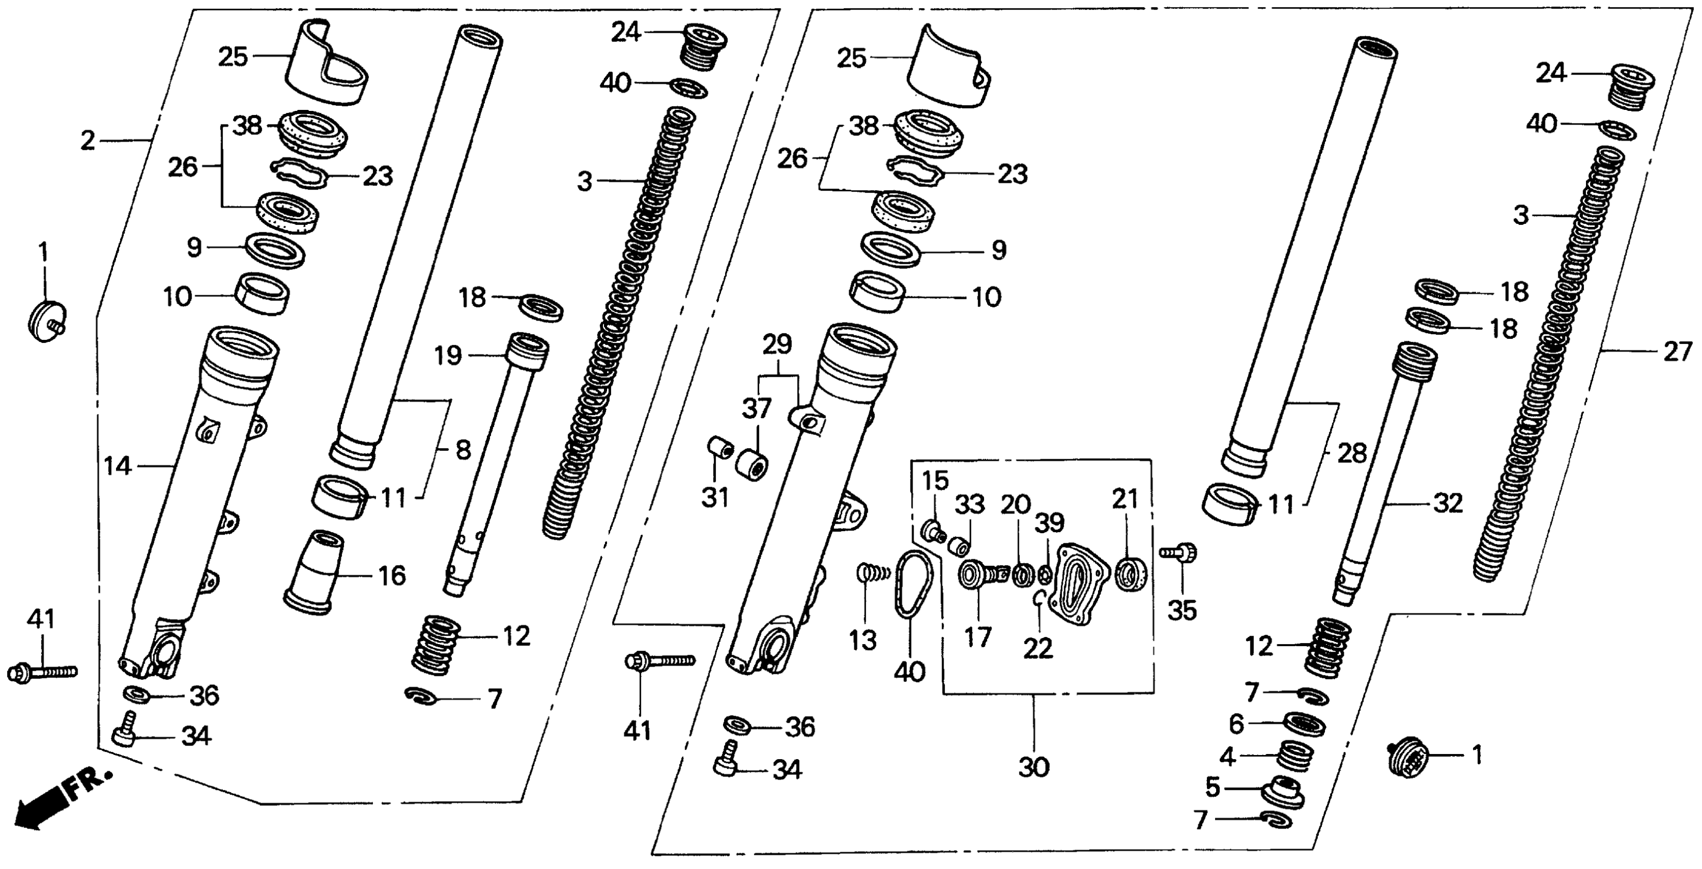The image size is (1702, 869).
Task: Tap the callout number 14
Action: click(x=118, y=467)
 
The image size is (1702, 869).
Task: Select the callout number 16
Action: click(x=391, y=576)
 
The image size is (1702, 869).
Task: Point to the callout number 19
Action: click(x=448, y=356)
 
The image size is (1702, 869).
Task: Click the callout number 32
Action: click(x=1448, y=504)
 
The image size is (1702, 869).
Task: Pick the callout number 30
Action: click(x=1034, y=767)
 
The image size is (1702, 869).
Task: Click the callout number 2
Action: click(x=88, y=140)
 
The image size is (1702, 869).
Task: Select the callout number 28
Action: click(x=1352, y=453)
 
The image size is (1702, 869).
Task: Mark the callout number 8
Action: click(x=463, y=451)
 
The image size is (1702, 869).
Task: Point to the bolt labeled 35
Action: click(x=1179, y=551)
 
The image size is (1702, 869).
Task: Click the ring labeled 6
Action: click(x=1303, y=724)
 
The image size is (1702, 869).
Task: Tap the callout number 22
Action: click(x=1037, y=648)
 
